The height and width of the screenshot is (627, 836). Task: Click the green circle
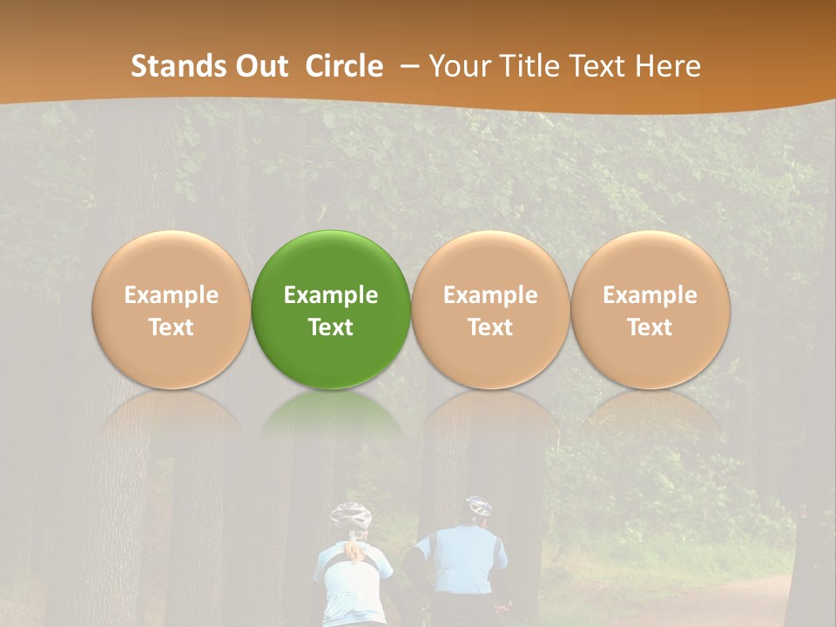pos(331,309)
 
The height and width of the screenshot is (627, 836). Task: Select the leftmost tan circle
pos(171,309)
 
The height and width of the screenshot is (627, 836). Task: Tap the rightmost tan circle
pos(650,309)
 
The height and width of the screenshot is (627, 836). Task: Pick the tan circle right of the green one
pos(490,309)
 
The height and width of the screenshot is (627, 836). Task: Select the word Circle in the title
pos(344,66)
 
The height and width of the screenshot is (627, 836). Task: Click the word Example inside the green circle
pos(331,295)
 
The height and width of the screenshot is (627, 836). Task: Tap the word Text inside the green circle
pos(331,327)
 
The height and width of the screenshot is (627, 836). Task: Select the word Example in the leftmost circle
pos(171,295)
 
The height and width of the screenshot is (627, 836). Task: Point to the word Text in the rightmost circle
pos(650,327)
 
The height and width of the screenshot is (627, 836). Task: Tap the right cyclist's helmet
pos(478,506)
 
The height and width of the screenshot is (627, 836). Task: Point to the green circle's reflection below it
pos(331,427)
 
